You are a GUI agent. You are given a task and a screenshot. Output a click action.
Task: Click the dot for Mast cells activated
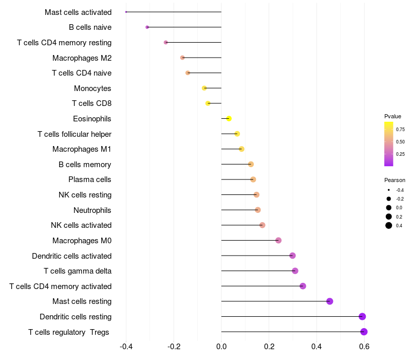tap(126, 12)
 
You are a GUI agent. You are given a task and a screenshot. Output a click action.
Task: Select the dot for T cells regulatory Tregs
tap(364, 332)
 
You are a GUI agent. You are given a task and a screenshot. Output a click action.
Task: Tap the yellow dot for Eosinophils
tap(229, 119)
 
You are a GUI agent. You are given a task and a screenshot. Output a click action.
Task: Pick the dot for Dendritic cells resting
tap(362, 316)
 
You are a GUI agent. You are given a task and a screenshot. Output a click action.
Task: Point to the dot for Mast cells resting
tap(330, 301)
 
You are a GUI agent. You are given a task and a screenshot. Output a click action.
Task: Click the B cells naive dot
tap(147, 27)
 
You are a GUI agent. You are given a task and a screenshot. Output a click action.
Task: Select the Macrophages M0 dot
tap(278, 240)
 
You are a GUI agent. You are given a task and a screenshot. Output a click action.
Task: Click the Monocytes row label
tap(92, 88)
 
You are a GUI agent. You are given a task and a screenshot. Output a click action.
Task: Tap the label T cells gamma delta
tap(78, 271)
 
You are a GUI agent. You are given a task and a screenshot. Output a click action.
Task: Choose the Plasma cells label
tap(90, 179)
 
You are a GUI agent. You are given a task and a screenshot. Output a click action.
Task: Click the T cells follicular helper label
tap(74, 134)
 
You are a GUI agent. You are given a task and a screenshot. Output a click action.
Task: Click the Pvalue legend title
tap(393, 116)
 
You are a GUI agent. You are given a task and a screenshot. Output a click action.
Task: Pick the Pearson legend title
tap(395, 181)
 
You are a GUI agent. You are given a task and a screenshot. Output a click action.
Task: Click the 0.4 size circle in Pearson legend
tap(389, 225)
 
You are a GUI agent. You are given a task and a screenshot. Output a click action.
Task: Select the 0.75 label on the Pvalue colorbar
tap(400, 130)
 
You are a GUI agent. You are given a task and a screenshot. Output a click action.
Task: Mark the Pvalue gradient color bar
tap(388, 144)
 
